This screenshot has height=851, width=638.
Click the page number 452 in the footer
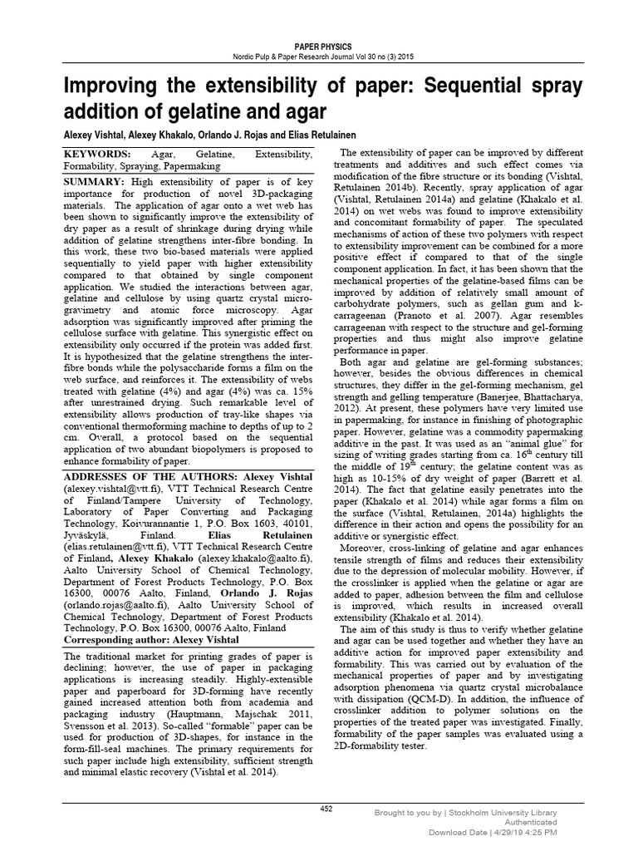pyautogui.click(x=326, y=808)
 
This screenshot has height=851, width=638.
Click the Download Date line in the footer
pyautogui.click(x=492, y=832)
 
